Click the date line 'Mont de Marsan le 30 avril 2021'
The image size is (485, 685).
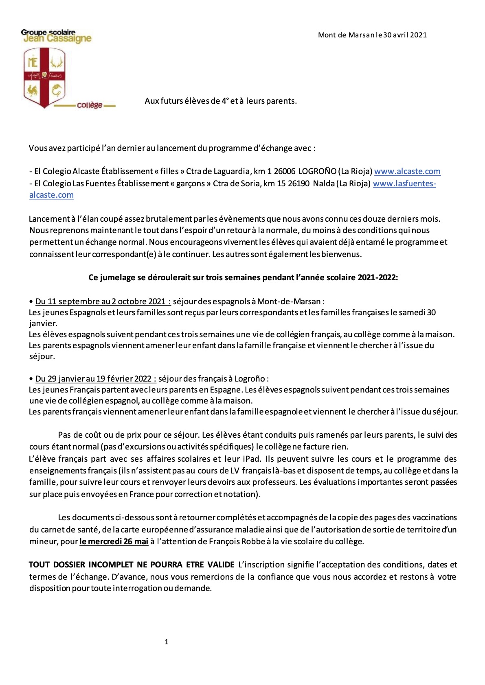pyautogui.click(x=372, y=35)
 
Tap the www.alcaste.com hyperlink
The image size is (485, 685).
pyautogui.click(x=407, y=172)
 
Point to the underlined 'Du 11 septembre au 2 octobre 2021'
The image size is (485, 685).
pyautogui.click(x=103, y=301)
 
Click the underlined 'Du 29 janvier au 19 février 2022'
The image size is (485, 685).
pyautogui.click(x=96, y=379)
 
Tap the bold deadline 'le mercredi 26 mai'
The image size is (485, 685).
pyautogui.click(x=114, y=541)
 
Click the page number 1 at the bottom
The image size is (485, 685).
pyautogui.click(x=166, y=642)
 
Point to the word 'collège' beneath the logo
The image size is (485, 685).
pyautogui.click(x=90, y=105)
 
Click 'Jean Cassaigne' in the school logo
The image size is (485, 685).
pyautogui.click(x=57, y=39)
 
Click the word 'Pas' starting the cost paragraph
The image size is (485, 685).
pyautogui.click(x=64, y=435)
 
